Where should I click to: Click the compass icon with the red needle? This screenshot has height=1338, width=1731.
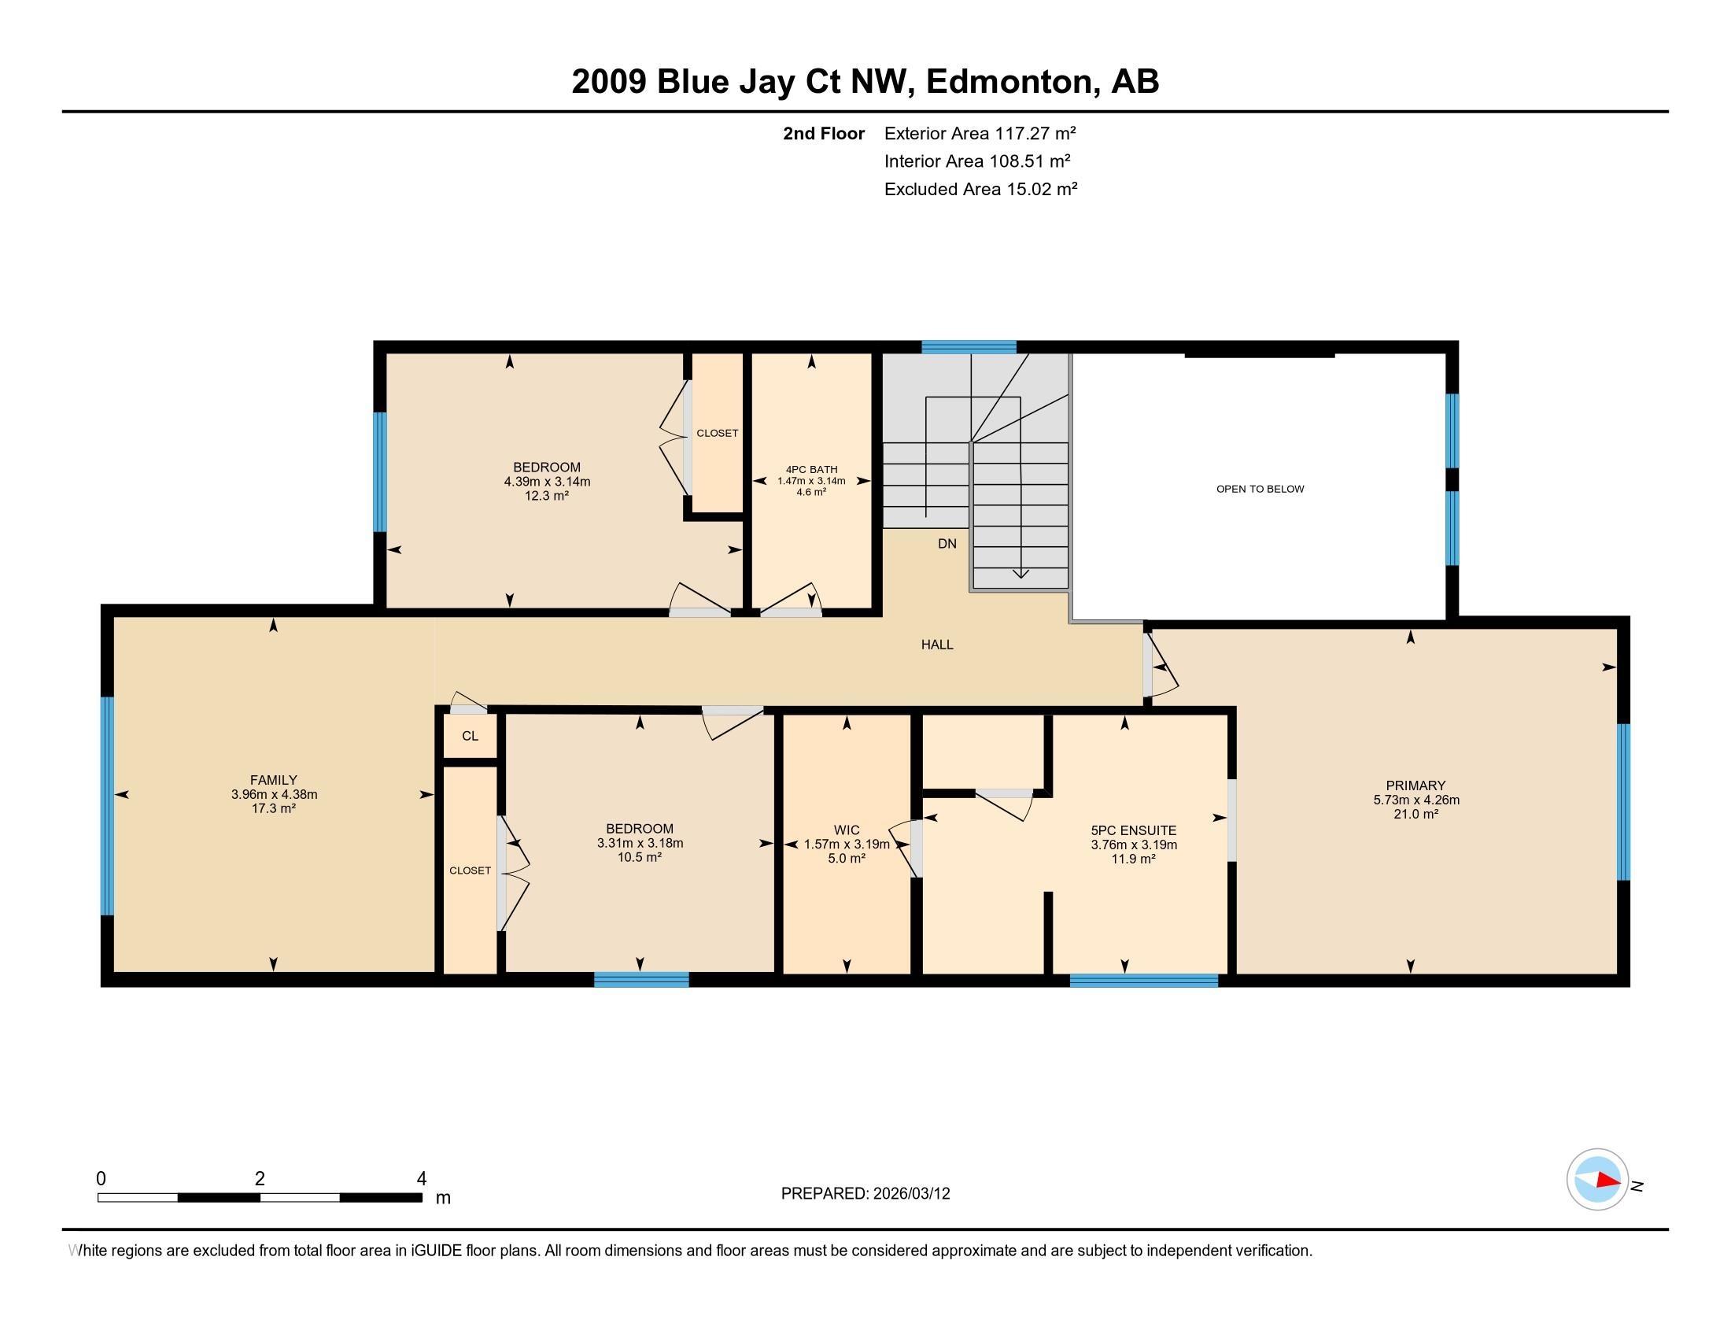(1597, 1179)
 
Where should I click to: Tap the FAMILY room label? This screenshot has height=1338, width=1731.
(274, 780)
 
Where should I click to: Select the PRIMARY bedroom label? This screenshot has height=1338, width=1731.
(1415, 785)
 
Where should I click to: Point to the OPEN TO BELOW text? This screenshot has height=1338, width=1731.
(1260, 489)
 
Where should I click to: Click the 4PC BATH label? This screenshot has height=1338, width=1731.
(812, 469)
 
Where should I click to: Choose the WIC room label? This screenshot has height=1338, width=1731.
(847, 830)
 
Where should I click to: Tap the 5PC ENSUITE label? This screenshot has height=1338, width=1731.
(1133, 830)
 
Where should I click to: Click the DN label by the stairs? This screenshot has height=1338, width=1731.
(947, 544)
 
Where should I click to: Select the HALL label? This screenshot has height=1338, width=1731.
(937, 645)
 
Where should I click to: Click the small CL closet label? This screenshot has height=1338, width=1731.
(470, 736)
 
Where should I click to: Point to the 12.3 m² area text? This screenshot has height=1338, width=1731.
(547, 495)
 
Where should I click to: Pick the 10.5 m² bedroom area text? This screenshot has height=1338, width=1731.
(640, 857)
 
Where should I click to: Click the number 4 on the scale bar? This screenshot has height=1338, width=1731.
(422, 1178)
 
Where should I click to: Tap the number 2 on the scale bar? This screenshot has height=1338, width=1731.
(260, 1178)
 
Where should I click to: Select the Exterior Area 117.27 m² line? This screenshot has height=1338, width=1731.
(980, 133)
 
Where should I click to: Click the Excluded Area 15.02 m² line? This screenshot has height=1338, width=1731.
(981, 189)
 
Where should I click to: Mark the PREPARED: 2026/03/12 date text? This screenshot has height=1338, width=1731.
(865, 1193)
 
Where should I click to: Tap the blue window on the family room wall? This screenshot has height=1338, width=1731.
(108, 805)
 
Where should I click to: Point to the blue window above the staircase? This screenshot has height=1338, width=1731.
(969, 346)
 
